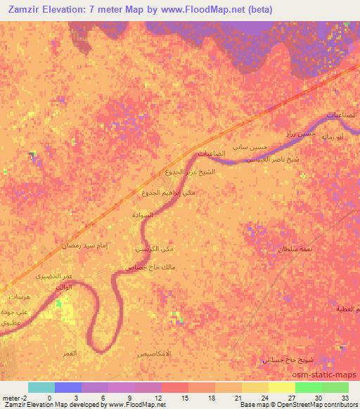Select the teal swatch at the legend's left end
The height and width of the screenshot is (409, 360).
pos(41,387)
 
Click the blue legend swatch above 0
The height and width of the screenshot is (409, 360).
pos(67,387)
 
